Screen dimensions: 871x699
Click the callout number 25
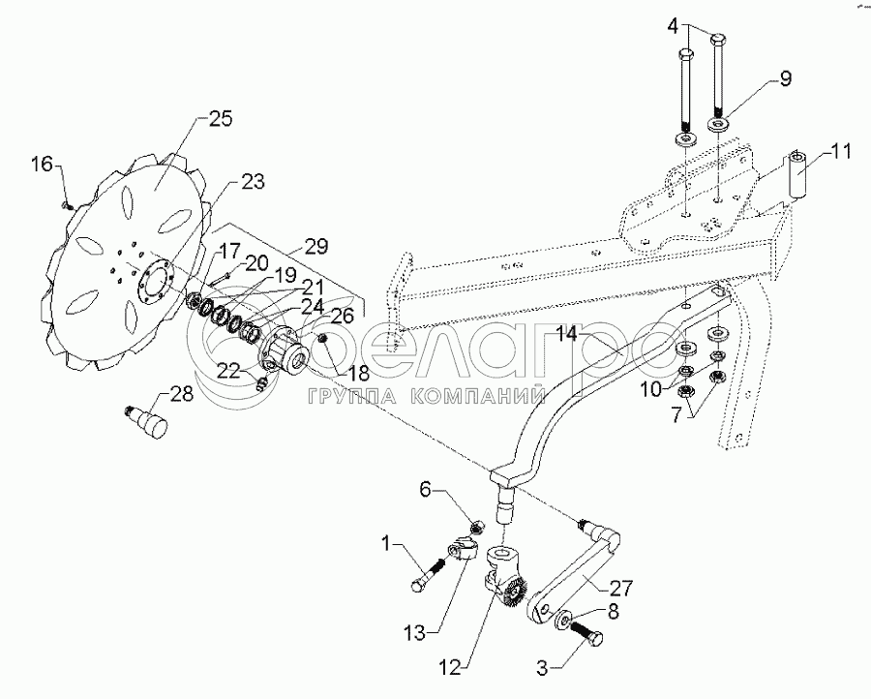point(220,119)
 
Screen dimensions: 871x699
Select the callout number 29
point(316,246)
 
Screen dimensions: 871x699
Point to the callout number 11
point(841,151)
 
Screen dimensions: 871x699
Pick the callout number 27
point(621,589)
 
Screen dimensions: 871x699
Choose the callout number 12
point(450,668)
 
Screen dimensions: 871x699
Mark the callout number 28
point(182,394)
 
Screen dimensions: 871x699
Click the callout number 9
point(785,78)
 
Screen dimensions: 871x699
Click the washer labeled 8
point(565,620)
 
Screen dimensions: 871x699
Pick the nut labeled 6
point(476,525)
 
